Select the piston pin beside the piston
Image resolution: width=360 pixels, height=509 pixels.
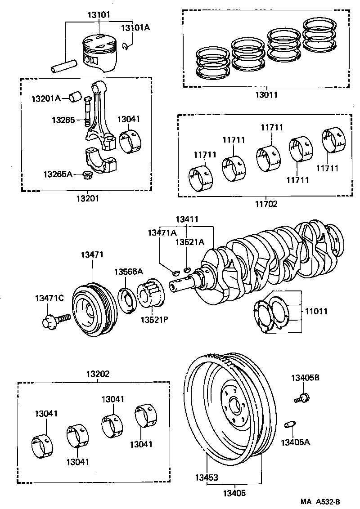coord(64,66)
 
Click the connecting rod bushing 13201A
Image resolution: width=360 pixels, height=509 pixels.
coord(75,96)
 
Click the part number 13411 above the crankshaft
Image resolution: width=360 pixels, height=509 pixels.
coord(187,219)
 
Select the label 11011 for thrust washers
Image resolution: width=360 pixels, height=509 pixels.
coord(316,311)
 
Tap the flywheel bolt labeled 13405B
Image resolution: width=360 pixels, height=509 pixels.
coord(303,397)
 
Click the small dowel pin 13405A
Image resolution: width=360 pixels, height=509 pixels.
coord(290,424)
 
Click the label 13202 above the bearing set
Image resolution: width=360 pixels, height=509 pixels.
coord(98,374)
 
